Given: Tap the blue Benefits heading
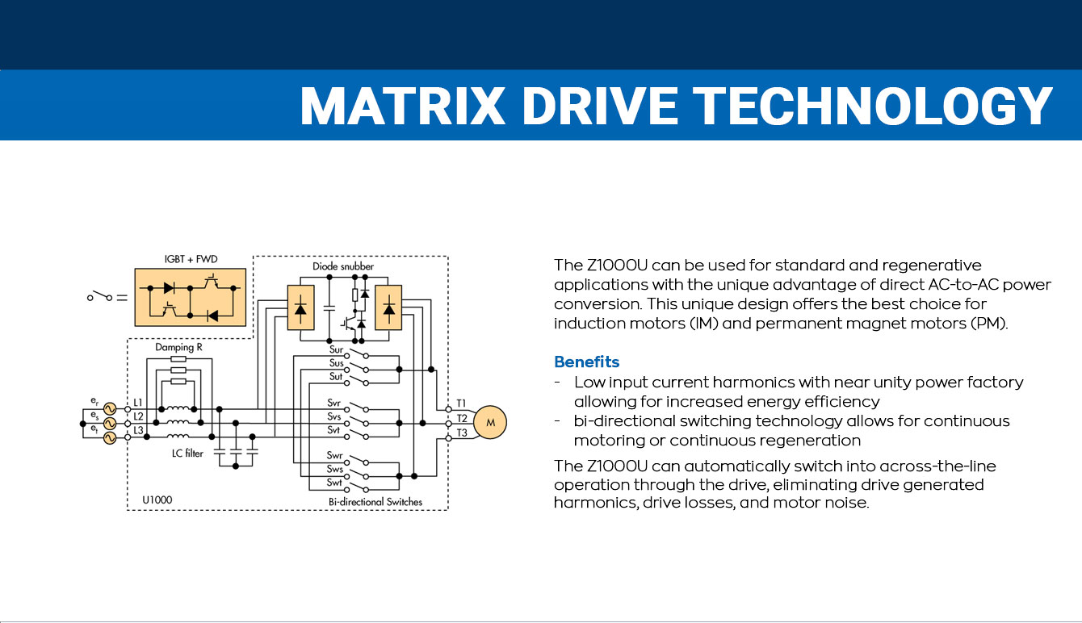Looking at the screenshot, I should click(x=586, y=362).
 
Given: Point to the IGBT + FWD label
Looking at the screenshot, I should click(x=191, y=259).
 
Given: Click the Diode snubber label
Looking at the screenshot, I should click(x=343, y=266).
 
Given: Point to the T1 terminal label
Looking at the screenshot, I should click(x=461, y=402).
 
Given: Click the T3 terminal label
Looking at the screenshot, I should click(x=461, y=433).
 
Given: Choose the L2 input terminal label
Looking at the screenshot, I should click(x=138, y=416).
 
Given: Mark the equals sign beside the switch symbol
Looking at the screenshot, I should click(x=122, y=298).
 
